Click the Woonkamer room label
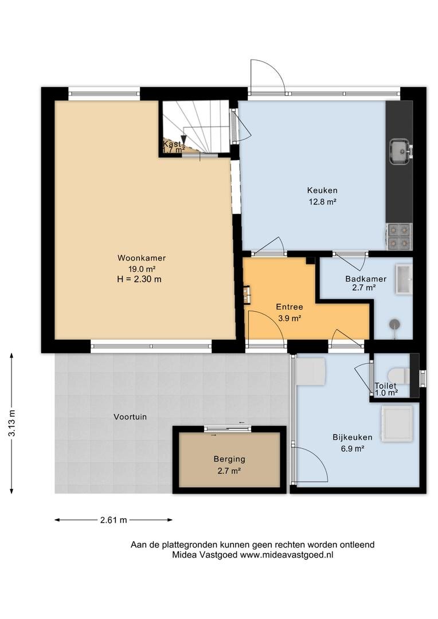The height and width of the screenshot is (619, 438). click(x=142, y=258)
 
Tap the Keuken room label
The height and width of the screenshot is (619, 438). click(x=322, y=190)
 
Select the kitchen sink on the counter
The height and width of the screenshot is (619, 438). click(x=401, y=151)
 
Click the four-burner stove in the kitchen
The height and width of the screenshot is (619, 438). click(x=399, y=237)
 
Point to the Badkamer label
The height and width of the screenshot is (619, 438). click(x=366, y=279)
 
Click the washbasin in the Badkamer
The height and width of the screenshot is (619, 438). click(x=404, y=280)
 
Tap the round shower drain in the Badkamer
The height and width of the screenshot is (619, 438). click(x=394, y=324)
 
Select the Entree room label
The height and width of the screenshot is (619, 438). click(x=290, y=307)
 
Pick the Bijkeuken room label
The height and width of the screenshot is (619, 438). click(x=353, y=437)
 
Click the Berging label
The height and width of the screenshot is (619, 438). click(x=229, y=459)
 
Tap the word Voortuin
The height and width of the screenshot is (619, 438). click(x=130, y=417)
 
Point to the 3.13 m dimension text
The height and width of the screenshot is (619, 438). click(x=12, y=423)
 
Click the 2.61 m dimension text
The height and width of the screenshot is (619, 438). click(x=114, y=520)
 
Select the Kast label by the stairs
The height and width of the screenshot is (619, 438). click(x=172, y=144)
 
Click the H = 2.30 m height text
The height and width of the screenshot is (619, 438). click(x=136, y=280)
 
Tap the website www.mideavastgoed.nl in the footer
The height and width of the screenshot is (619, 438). click(x=287, y=555)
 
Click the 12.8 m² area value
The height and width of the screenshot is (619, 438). click(x=322, y=202)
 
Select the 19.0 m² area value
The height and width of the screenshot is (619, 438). click(x=142, y=269)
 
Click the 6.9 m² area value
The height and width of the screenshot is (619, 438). click(x=353, y=448)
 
